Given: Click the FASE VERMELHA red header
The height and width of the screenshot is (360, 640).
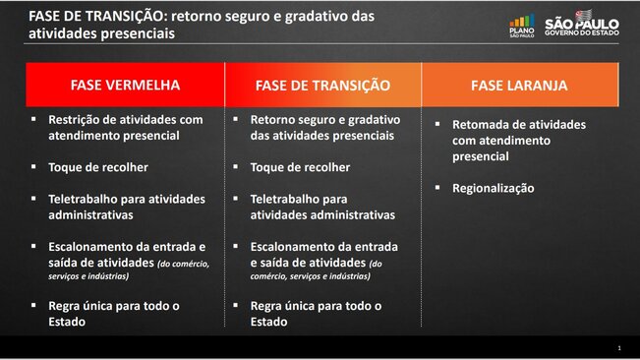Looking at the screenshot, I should pos(125,85).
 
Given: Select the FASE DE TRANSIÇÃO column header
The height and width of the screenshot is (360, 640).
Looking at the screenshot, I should pos(322,85).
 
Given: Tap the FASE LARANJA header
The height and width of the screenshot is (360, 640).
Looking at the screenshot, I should pos(518,85).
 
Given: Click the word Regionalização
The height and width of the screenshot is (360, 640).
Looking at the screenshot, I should pos(494,188).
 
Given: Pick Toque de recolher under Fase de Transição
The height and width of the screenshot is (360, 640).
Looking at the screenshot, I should pos(300,167).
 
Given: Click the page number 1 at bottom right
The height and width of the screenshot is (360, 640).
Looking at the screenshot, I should pos(619,348).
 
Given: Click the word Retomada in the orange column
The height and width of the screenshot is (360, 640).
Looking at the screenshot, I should pos(483,125).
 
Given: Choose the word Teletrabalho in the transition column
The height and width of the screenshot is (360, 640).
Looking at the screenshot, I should pos(286,199).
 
